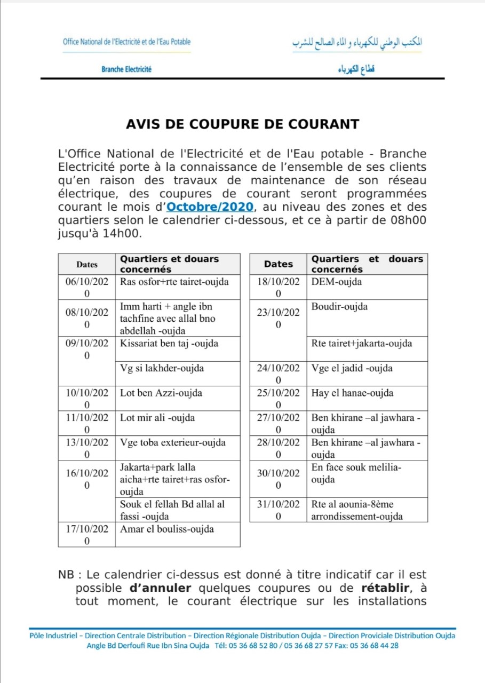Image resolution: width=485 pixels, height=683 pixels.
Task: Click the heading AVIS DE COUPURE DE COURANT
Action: point(242,124)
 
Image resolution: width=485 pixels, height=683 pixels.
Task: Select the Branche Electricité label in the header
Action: point(126,69)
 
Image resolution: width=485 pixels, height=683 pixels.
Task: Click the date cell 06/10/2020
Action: point(87,287)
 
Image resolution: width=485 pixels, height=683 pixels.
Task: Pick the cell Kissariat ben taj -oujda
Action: point(169,343)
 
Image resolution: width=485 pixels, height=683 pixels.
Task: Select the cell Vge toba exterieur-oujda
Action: point(173,442)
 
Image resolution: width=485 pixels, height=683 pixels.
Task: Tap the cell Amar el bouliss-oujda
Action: point(167,529)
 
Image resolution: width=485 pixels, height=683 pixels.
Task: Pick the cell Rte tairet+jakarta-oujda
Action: point(362,344)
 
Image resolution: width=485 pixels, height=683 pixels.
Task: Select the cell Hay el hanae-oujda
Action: point(353,393)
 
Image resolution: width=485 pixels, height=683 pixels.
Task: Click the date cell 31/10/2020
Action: point(278,510)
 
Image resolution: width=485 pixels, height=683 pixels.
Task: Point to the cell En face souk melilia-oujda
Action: point(356,473)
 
